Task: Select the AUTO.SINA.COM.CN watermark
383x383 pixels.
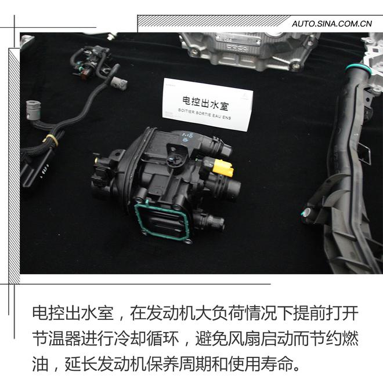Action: pyautogui.click(x=331, y=24)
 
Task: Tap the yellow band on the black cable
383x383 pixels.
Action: pyautogui.click(x=50, y=140)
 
